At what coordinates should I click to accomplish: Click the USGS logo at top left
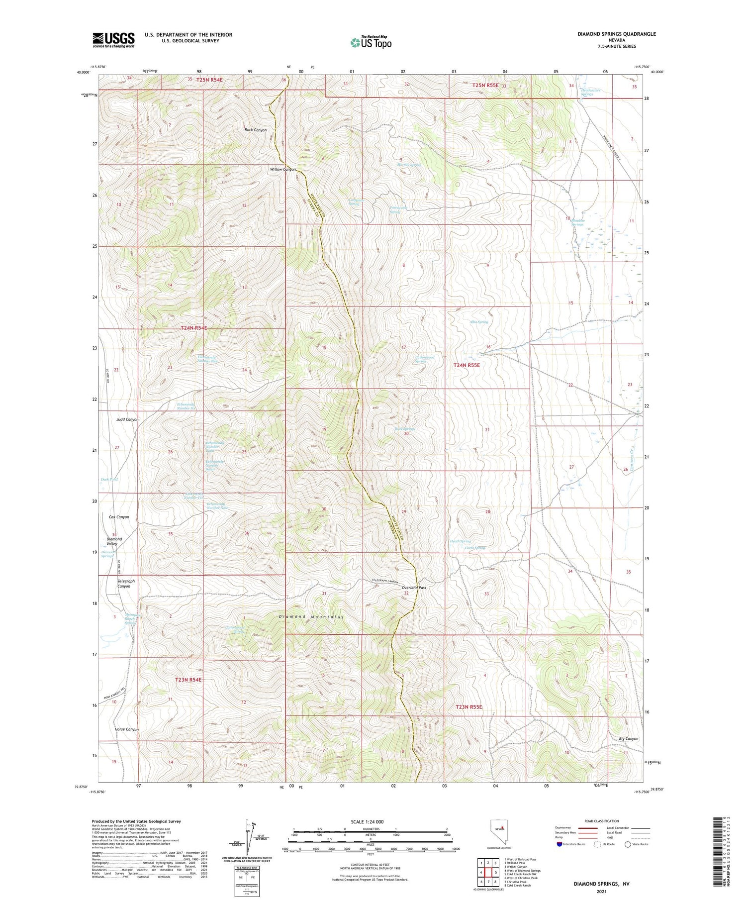coord(113,40)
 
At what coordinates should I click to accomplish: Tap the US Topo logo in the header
coord(371,43)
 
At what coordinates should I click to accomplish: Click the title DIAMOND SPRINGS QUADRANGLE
coord(616,34)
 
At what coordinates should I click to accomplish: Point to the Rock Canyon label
coord(255,130)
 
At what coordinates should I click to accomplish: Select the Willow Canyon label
coord(282,169)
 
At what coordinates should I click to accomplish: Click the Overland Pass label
coord(414,588)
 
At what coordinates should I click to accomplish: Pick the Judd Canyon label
coord(127,419)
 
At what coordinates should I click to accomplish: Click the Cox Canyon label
coord(119,517)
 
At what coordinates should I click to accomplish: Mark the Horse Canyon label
coord(126,729)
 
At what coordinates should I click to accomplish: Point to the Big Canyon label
coord(629,739)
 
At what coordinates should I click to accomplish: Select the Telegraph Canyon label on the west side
coord(126,584)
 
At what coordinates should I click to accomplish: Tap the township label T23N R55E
coord(469,707)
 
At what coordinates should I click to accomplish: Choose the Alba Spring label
coord(479,322)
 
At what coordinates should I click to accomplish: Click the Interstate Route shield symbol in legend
coord(559,844)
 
